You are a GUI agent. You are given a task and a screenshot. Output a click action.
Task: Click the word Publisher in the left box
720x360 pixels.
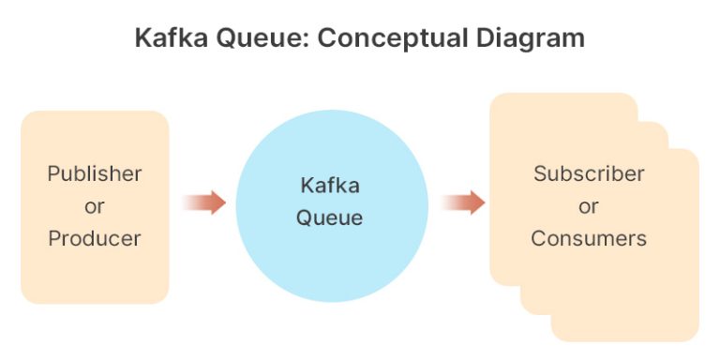click(x=95, y=173)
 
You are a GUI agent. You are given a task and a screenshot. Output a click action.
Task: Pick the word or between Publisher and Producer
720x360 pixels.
click(x=95, y=206)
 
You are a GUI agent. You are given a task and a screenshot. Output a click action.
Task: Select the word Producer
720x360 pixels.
click(x=95, y=238)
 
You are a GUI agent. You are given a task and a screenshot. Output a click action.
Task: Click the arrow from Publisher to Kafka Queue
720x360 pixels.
click(x=203, y=202)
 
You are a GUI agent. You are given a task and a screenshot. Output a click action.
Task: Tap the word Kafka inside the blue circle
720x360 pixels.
click(x=329, y=186)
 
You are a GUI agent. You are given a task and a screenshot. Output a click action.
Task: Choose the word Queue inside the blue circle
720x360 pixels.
click(x=329, y=218)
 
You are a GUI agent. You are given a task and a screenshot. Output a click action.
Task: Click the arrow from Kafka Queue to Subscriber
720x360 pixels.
click(x=463, y=202)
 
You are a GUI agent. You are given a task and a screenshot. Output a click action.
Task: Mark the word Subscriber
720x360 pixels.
click(x=589, y=173)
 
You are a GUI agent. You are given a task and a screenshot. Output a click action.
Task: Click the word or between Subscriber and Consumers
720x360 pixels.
click(x=589, y=206)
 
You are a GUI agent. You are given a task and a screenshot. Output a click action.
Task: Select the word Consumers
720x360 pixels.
click(x=589, y=238)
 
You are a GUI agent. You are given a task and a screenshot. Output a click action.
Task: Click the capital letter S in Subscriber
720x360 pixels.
click(x=540, y=173)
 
